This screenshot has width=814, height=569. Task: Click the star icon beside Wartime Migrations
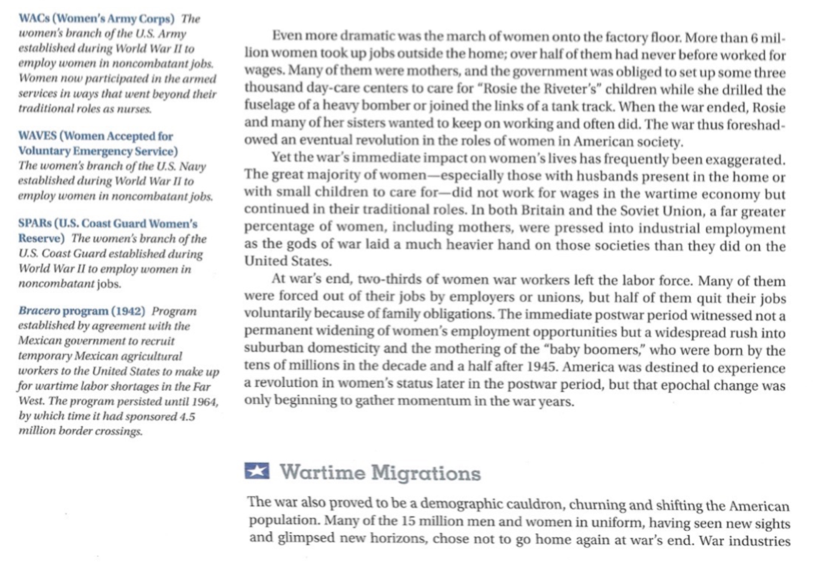(256, 471)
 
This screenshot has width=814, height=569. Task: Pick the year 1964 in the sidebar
(203, 402)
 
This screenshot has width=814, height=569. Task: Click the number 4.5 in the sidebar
(187, 417)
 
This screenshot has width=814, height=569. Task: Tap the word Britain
(543, 210)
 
